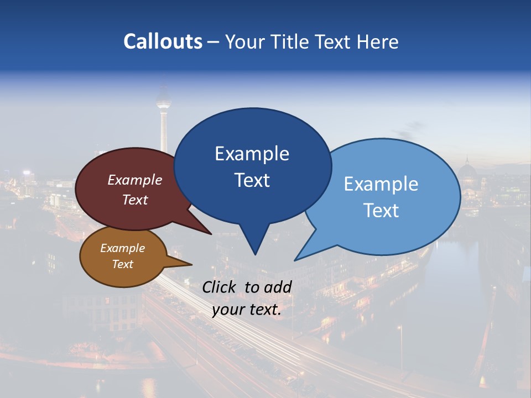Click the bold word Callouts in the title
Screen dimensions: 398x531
point(163,41)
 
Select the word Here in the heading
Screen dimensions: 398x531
point(378,41)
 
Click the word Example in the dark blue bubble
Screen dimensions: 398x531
point(252,154)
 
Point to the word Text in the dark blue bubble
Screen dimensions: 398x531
point(252,180)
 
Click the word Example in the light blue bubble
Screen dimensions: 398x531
point(381,184)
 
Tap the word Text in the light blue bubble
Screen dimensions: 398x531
point(381,211)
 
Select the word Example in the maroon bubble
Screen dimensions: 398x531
point(134,180)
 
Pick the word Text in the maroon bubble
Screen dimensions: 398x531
point(134,200)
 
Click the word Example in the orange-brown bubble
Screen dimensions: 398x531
point(122,248)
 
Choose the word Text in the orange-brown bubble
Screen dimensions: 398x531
point(122,264)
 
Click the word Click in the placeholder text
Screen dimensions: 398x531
point(220,287)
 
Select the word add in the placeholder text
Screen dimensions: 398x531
point(278,287)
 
